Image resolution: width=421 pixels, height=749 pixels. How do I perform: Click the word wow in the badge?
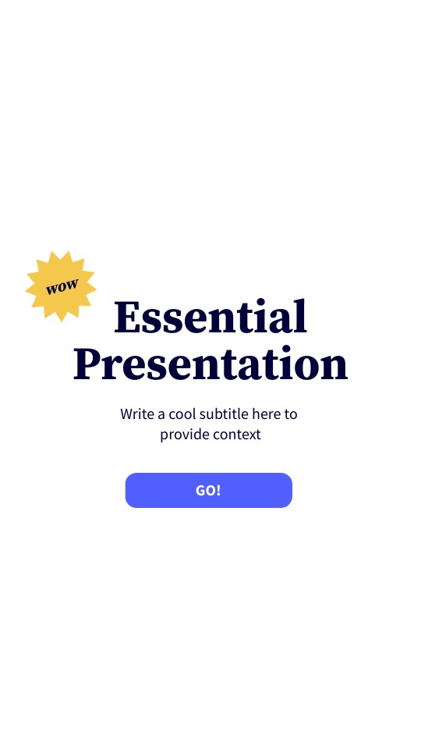(x=62, y=286)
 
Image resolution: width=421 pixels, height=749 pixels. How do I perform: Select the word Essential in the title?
(x=210, y=318)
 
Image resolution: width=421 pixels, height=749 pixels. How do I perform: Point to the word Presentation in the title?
(x=210, y=364)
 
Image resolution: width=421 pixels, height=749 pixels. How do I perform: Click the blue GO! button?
(x=208, y=490)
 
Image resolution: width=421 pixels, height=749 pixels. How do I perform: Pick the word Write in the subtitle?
(x=137, y=414)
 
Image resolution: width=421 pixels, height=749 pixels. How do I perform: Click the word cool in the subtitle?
(x=183, y=414)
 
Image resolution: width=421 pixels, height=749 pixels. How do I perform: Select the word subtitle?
(x=225, y=414)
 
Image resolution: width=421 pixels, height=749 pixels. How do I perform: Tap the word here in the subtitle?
(x=266, y=414)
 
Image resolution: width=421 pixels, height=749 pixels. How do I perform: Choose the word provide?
(x=183, y=435)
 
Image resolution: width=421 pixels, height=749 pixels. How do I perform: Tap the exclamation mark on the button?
(x=218, y=490)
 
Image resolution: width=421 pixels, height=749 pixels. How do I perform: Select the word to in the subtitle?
(x=291, y=414)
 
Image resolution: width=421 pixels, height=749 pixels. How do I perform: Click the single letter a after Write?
(x=161, y=414)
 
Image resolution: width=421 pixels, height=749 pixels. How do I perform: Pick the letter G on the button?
(x=201, y=490)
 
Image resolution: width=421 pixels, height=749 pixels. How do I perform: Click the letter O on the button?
(x=211, y=490)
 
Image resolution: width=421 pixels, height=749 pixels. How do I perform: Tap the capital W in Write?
(x=126, y=414)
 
